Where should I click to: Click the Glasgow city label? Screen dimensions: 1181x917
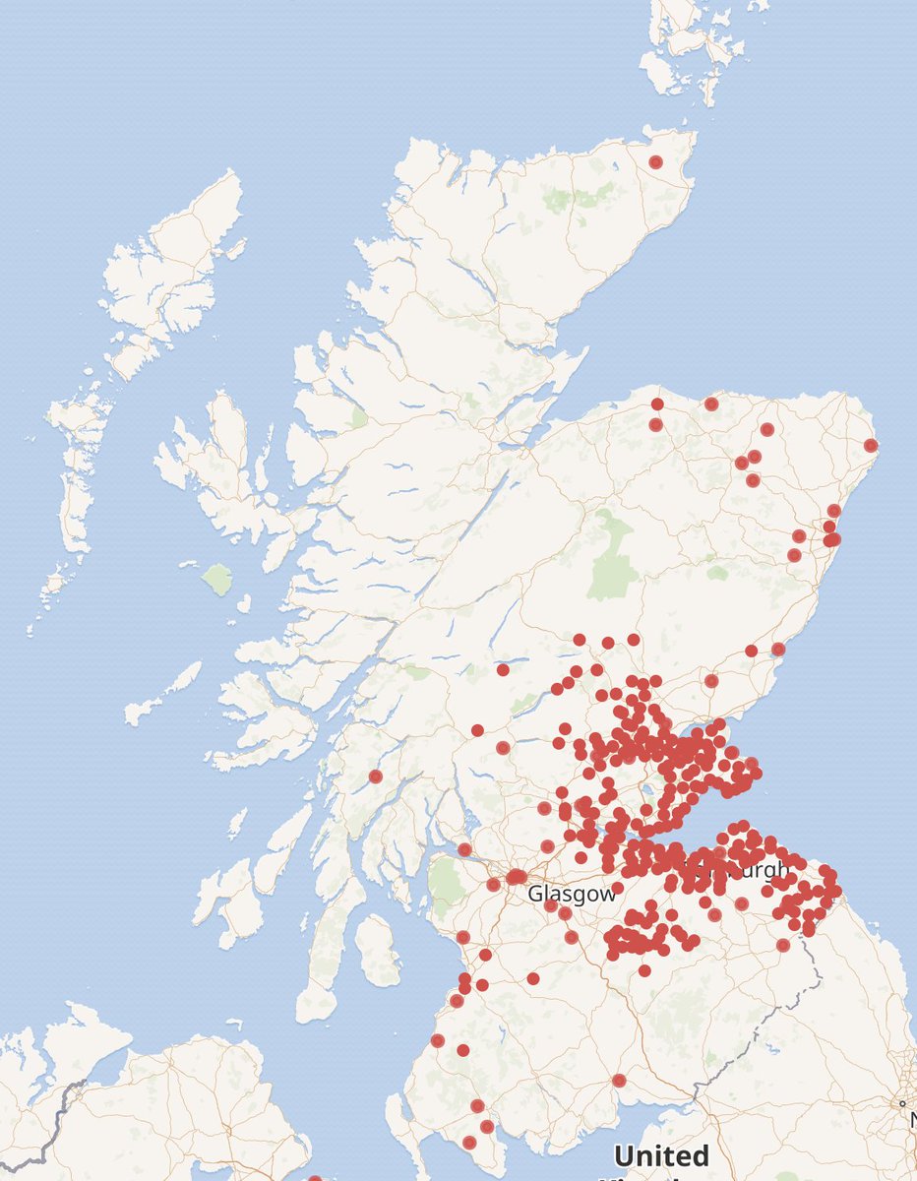[x=572, y=894]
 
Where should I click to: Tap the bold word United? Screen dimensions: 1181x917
[x=660, y=1154]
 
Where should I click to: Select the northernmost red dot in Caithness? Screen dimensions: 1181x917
[x=656, y=162]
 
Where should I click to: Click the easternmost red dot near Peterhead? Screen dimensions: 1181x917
[x=871, y=445]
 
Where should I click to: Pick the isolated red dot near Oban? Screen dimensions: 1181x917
[x=375, y=777]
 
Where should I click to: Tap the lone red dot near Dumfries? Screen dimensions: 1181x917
[x=619, y=1080]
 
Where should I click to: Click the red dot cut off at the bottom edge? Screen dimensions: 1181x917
[x=315, y=1178]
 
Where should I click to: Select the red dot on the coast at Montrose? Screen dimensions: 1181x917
[x=778, y=649]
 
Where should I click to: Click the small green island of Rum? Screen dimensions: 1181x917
[x=216, y=578]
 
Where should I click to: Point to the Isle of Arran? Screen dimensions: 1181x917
[x=377, y=949]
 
